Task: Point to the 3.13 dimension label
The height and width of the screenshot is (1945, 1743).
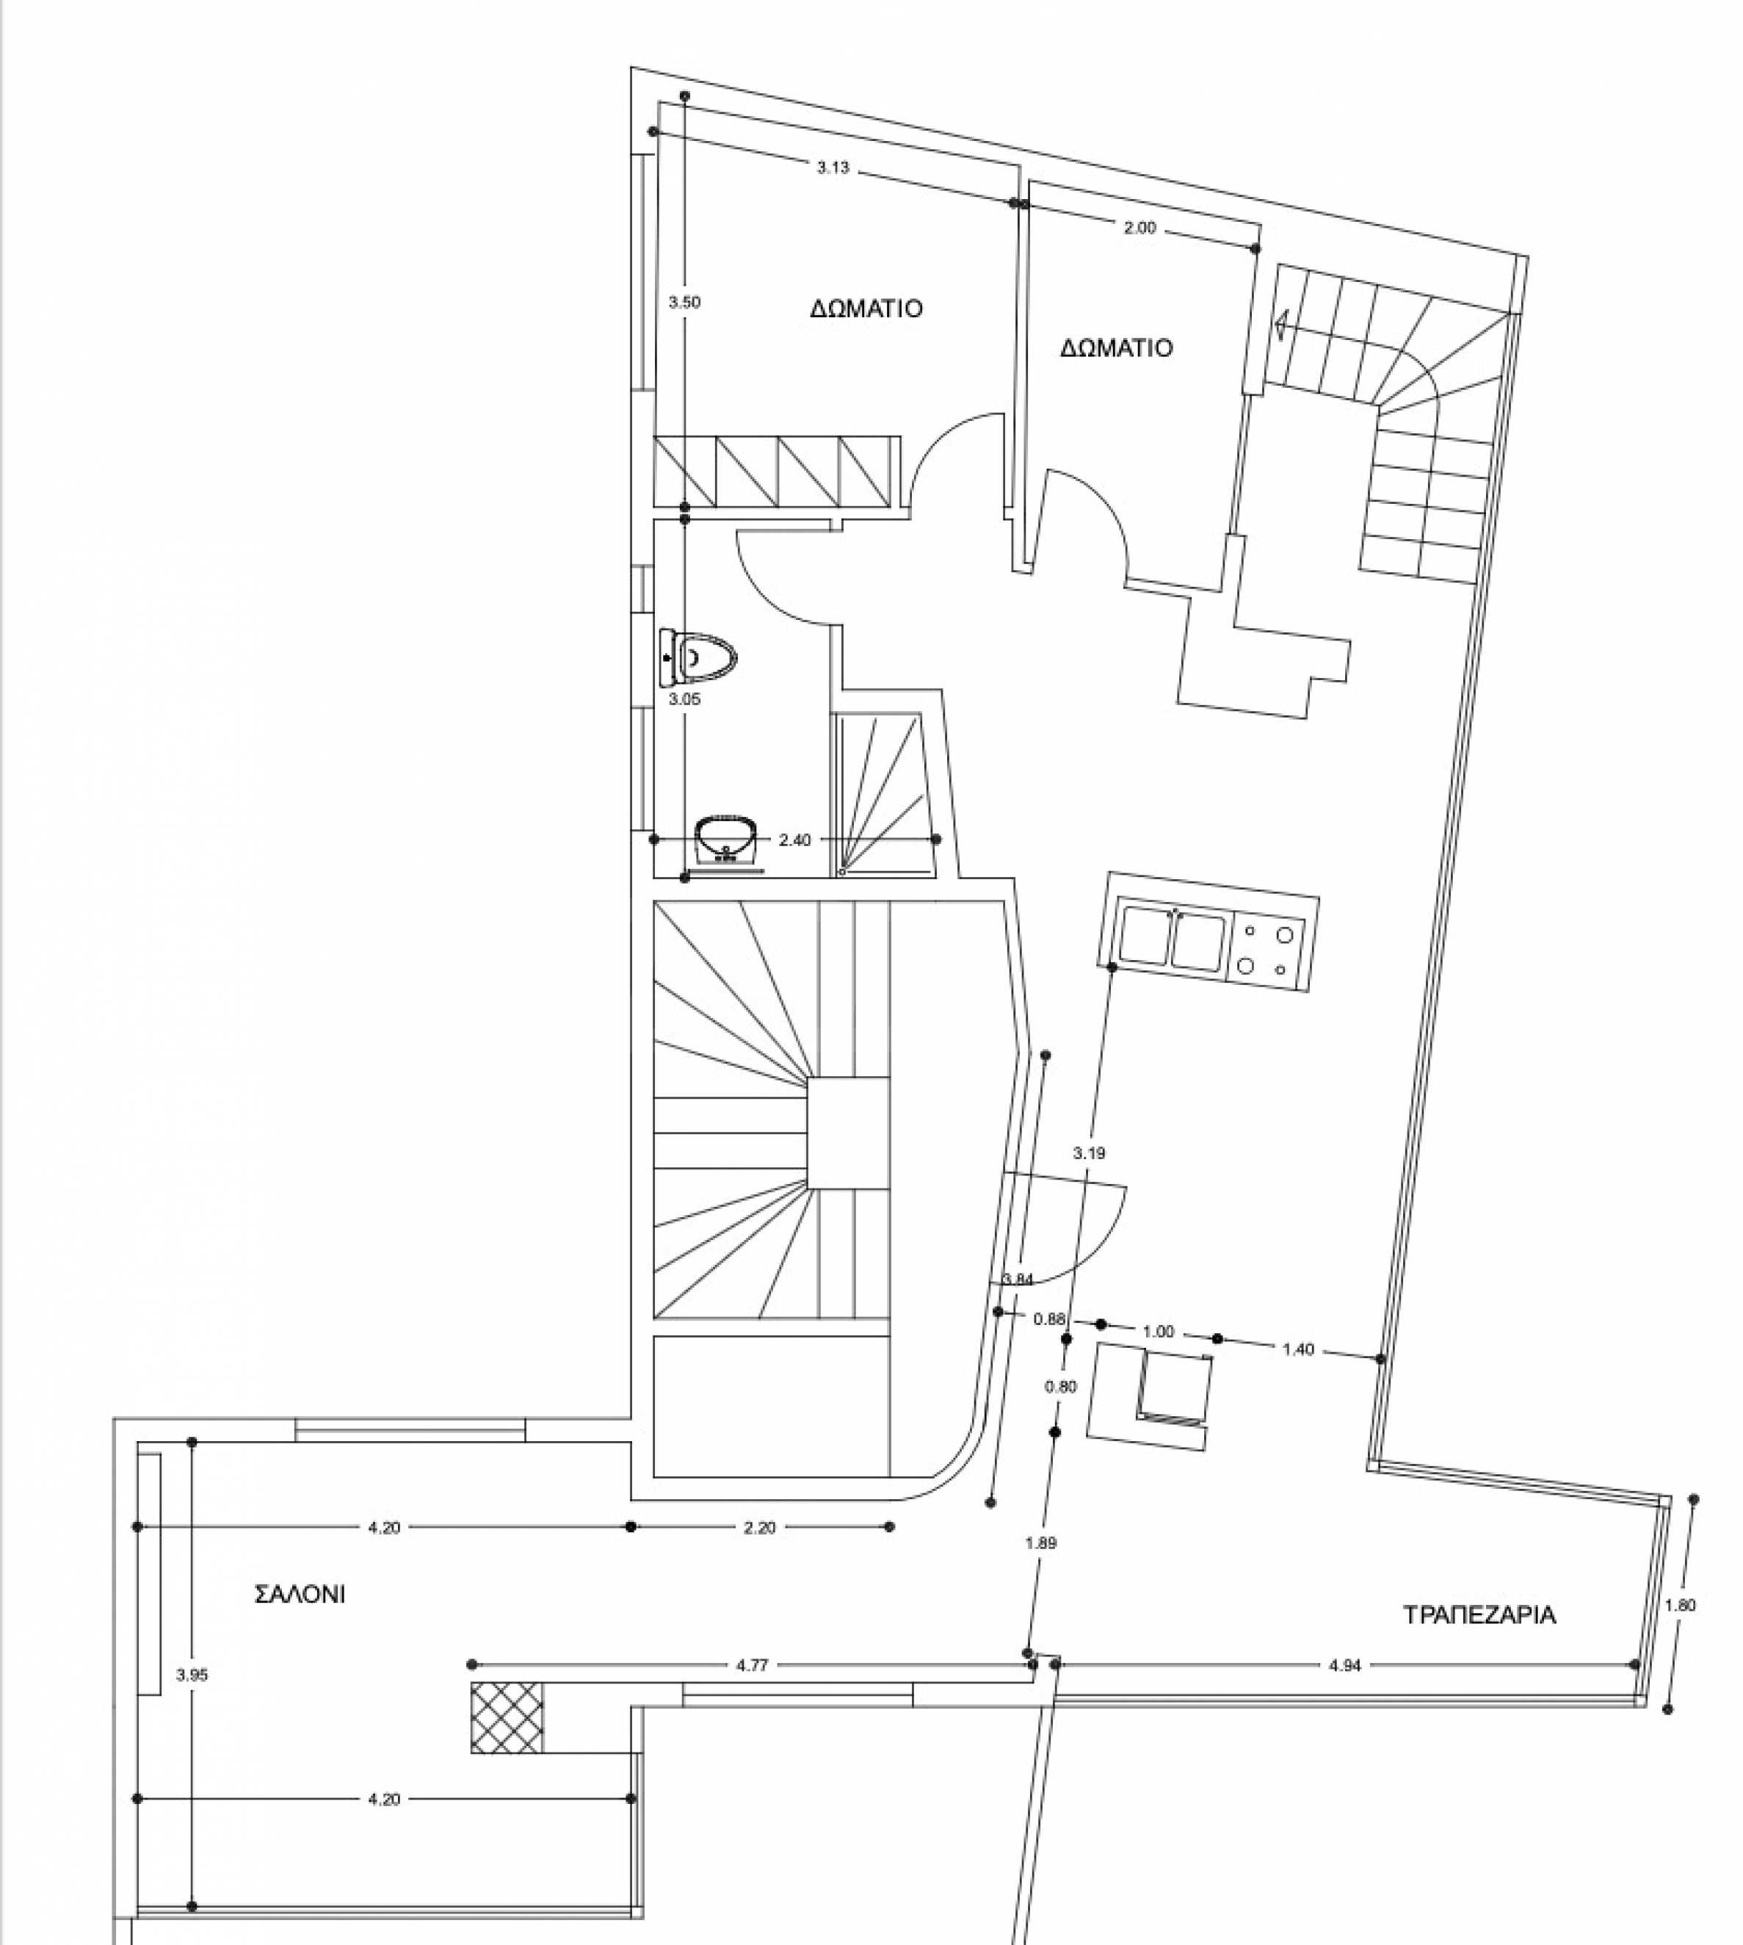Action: coord(833,167)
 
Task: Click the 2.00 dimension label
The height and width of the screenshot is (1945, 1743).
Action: coord(1139,228)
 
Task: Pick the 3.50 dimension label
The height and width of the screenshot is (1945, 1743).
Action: coord(685,303)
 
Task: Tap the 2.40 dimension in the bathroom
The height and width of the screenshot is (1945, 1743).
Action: coord(795,840)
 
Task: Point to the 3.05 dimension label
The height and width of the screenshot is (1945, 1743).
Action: coord(685,699)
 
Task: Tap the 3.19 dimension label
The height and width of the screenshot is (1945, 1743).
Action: coord(1089,1154)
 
